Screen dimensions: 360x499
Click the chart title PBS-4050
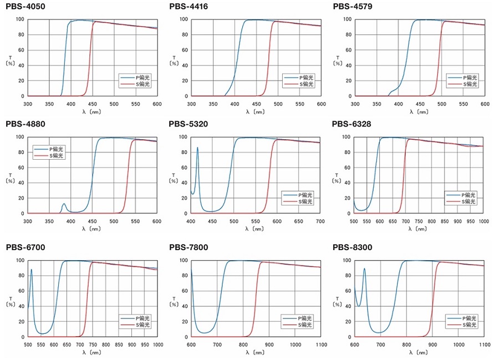coord(26,7)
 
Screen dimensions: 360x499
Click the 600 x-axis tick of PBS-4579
coord(485,103)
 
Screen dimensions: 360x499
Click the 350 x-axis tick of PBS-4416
coord(213,103)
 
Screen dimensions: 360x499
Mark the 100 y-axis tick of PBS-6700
coord(20,260)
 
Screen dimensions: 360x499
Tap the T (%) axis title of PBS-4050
coord(9,59)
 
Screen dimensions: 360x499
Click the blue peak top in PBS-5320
coord(197,148)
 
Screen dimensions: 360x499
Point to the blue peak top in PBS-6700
coord(32,270)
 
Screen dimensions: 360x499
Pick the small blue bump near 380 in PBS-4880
coord(64,204)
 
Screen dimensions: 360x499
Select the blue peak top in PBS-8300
coord(364,268)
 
